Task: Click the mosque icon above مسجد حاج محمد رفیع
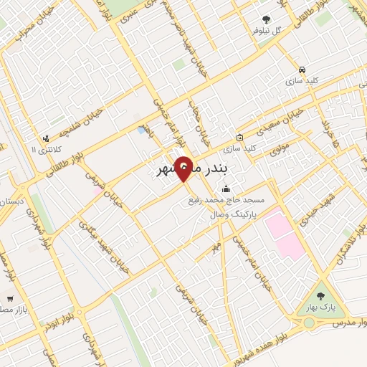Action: click(227, 189)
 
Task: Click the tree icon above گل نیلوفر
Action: click(267, 19)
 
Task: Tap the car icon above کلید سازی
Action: click(302, 70)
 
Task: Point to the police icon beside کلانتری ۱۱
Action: click(46, 138)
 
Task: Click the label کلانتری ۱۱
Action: click(47, 148)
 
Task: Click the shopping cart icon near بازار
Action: click(9, 297)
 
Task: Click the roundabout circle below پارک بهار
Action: click(309, 323)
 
